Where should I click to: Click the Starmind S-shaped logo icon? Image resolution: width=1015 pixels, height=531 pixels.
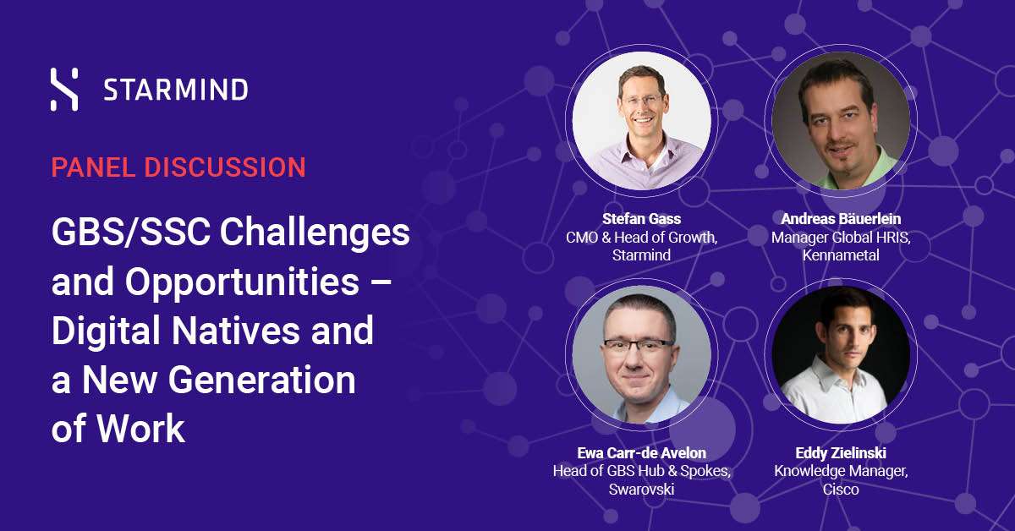64,90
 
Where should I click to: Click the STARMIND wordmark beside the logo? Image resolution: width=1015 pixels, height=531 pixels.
176,90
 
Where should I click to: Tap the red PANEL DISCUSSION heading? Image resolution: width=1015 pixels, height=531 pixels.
178,167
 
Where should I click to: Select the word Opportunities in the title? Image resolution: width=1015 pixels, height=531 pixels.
242,282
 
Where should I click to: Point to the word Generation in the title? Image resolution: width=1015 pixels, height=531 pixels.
262,380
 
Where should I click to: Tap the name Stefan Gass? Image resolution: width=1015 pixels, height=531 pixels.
642,219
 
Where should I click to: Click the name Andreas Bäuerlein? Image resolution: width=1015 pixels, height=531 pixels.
841,219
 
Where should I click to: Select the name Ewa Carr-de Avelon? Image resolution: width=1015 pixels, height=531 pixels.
642,453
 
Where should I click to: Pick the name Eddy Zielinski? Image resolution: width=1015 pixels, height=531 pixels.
841,453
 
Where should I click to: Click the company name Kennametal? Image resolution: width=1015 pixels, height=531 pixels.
841,255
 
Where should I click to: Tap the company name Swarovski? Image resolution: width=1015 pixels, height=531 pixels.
642,490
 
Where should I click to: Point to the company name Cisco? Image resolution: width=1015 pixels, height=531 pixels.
841,490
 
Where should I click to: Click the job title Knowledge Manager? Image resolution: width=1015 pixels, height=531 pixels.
840,471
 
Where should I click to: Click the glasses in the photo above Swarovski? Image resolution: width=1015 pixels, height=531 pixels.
638,345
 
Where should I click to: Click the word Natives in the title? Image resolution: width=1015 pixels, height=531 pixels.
236,331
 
